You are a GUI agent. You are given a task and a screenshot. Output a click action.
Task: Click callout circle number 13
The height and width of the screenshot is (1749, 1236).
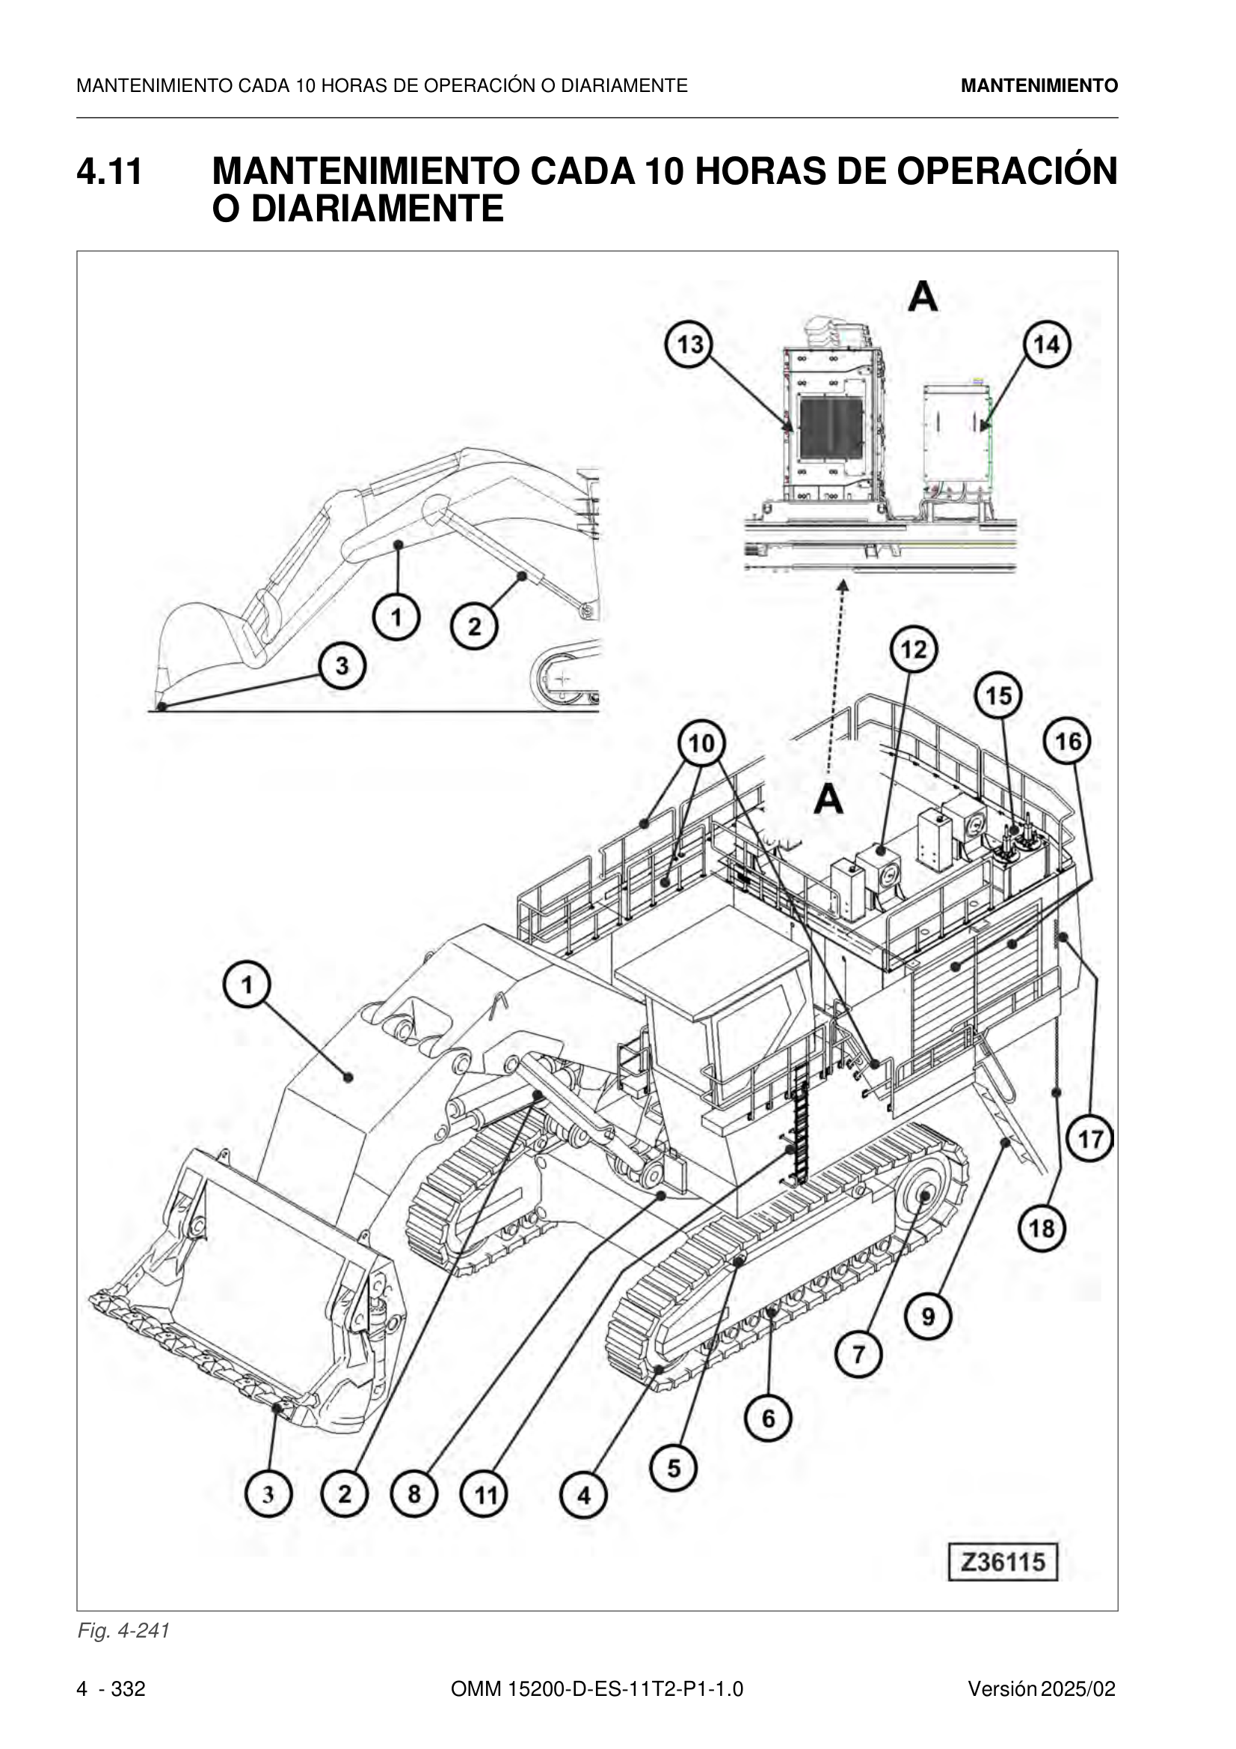tap(689, 344)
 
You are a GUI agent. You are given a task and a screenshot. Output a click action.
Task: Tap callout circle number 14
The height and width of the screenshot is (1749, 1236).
tap(1046, 344)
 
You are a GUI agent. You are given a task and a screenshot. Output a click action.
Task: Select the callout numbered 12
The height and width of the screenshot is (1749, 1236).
tap(914, 650)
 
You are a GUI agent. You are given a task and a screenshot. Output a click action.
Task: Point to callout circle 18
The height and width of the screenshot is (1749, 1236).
tap(1042, 1228)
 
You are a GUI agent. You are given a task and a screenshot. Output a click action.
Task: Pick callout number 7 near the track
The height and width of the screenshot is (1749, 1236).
tap(858, 1353)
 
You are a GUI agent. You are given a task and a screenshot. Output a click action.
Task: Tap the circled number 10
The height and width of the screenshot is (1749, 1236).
tap(701, 743)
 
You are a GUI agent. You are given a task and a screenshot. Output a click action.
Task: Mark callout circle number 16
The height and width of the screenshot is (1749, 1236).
tap(1068, 741)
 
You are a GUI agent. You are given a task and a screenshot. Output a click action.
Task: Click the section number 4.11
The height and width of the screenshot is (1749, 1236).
tap(110, 171)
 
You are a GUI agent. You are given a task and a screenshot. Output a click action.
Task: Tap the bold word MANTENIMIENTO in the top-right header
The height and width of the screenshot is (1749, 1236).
tap(1039, 85)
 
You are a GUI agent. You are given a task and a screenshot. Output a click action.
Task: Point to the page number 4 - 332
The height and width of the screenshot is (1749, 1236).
tap(111, 1689)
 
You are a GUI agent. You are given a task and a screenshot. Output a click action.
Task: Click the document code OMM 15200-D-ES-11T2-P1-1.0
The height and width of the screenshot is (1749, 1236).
tap(597, 1689)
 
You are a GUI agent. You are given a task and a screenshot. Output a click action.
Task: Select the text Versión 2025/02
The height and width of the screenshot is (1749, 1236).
tap(1042, 1689)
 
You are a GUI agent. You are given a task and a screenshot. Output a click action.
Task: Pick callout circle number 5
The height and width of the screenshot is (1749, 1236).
tap(674, 1468)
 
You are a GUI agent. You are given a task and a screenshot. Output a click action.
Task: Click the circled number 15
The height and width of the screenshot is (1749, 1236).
tap(999, 695)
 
